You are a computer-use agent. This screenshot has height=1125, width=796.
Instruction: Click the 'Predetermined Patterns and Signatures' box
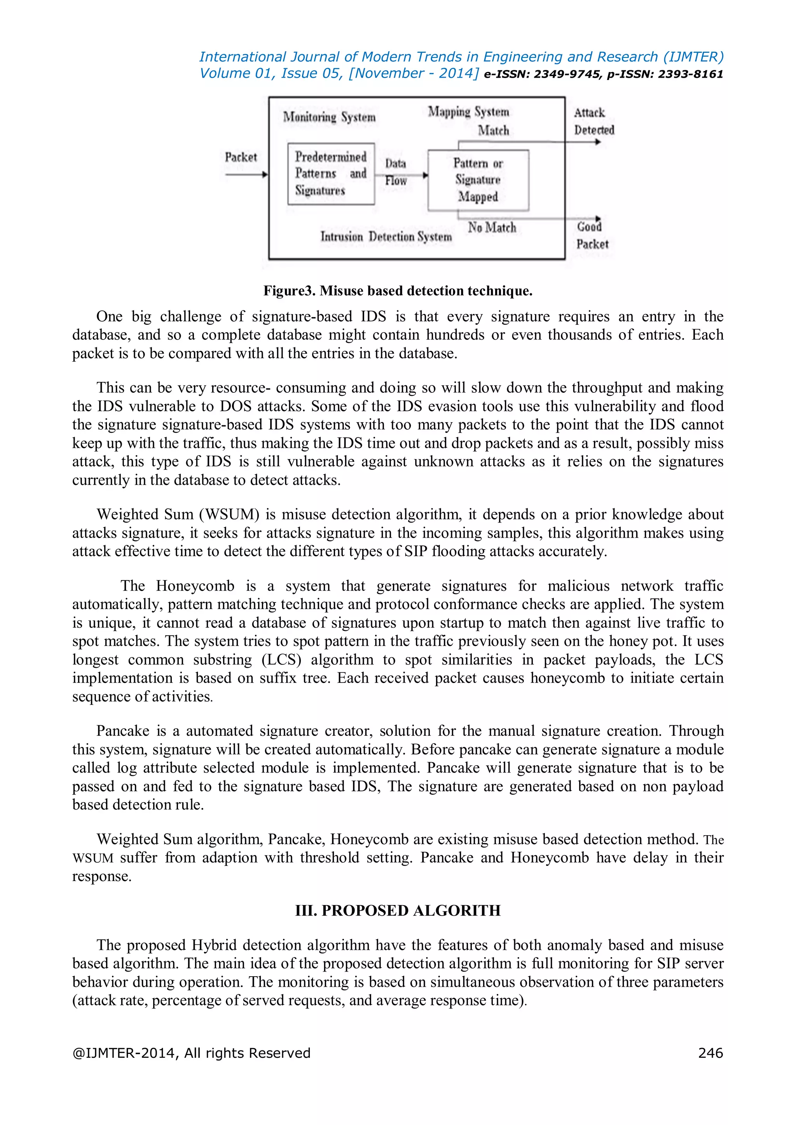coord(331,174)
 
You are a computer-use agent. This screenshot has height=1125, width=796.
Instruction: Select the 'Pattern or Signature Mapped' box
coord(478,180)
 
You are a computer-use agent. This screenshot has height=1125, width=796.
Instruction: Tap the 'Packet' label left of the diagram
coord(241,157)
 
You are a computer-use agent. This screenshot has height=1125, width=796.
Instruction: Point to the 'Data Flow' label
coord(396,171)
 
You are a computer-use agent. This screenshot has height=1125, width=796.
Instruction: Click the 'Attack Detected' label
coord(593,121)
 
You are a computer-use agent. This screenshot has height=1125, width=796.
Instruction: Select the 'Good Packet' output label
coord(592,235)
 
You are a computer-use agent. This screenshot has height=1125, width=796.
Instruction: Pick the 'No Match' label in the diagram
coord(492,227)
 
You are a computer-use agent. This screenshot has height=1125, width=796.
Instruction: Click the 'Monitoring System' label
coord(329,117)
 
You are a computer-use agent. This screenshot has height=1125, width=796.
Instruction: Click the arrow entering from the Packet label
coord(246,174)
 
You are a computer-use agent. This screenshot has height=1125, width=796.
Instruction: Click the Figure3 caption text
coord(398,291)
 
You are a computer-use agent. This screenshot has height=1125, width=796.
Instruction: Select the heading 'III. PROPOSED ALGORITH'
coord(398,911)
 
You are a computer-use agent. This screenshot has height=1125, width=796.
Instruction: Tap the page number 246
coord(710,1053)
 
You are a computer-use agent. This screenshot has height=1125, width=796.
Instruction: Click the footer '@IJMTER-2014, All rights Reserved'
coord(191,1053)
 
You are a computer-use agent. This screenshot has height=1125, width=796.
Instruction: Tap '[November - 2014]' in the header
coord(413,73)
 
